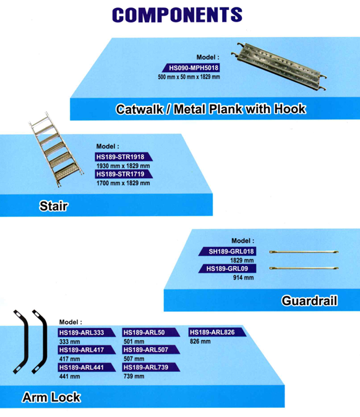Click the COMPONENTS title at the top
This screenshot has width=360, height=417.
(x=177, y=15)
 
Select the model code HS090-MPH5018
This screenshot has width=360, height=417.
(x=194, y=68)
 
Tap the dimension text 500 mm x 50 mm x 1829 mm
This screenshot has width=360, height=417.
(x=189, y=77)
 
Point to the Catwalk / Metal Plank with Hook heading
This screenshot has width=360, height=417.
(x=211, y=110)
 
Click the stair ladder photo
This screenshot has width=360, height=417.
(x=56, y=149)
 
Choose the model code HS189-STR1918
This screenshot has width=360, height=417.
(x=120, y=157)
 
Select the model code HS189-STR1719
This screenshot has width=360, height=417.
(x=120, y=174)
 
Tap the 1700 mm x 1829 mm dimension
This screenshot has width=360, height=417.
(x=123, y=183)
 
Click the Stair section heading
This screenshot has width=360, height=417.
(x=54, y=206)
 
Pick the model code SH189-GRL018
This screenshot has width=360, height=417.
(x=231, y=252)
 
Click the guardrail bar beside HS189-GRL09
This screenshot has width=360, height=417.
(x=304, y=269)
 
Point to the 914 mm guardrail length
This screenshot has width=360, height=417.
(x=243, y=278)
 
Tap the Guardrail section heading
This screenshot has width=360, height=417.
(x=309, y=301)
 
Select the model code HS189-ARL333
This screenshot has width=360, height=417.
(x=82, y=333)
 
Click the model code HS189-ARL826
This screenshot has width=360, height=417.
(x=212, y=332)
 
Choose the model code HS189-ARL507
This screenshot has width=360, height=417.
(x=146, y=350)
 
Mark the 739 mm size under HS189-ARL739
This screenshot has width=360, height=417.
(x=134, y=376)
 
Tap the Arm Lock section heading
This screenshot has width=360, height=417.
(x=51, y=398)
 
